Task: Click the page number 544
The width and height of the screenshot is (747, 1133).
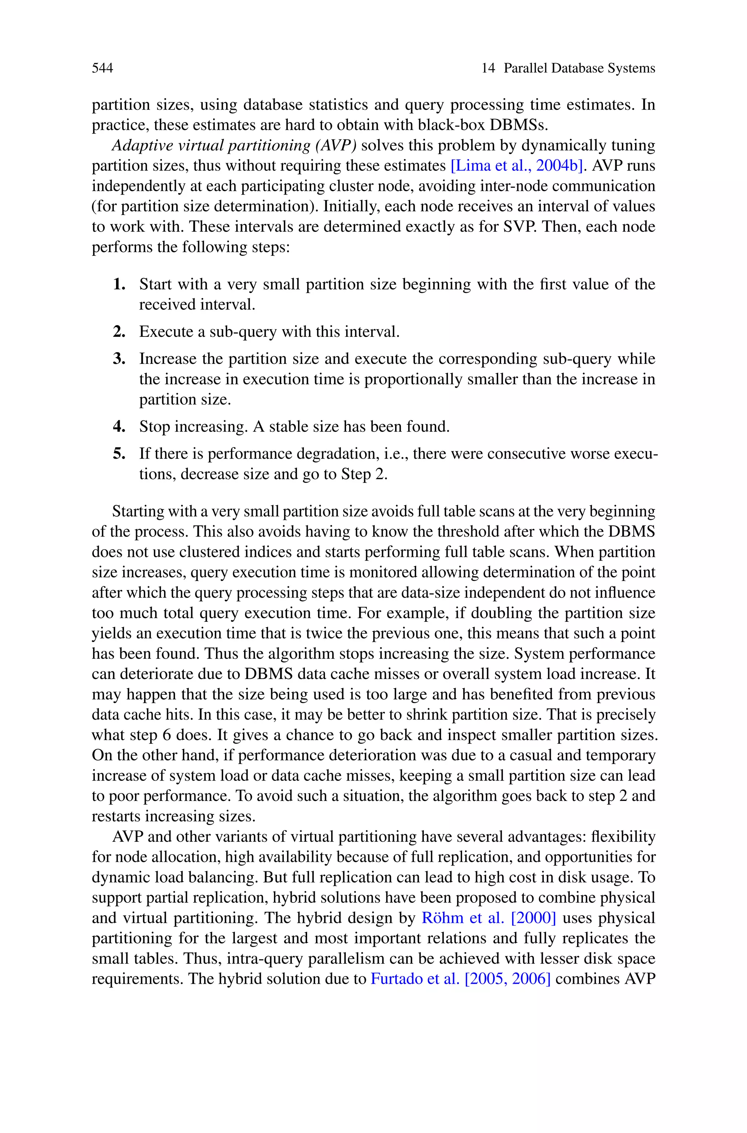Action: click(x=102, y=68)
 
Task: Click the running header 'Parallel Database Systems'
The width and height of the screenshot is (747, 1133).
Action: click(x=579, y=68)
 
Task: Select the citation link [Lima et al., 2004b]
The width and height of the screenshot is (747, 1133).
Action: click(x=517, y=166)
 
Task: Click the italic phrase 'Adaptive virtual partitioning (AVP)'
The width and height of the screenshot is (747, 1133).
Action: click(x=234, y=145)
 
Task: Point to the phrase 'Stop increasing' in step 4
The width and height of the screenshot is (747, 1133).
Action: click(x=193, y=427)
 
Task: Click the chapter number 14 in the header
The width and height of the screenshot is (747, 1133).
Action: click(x=488, y=68)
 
